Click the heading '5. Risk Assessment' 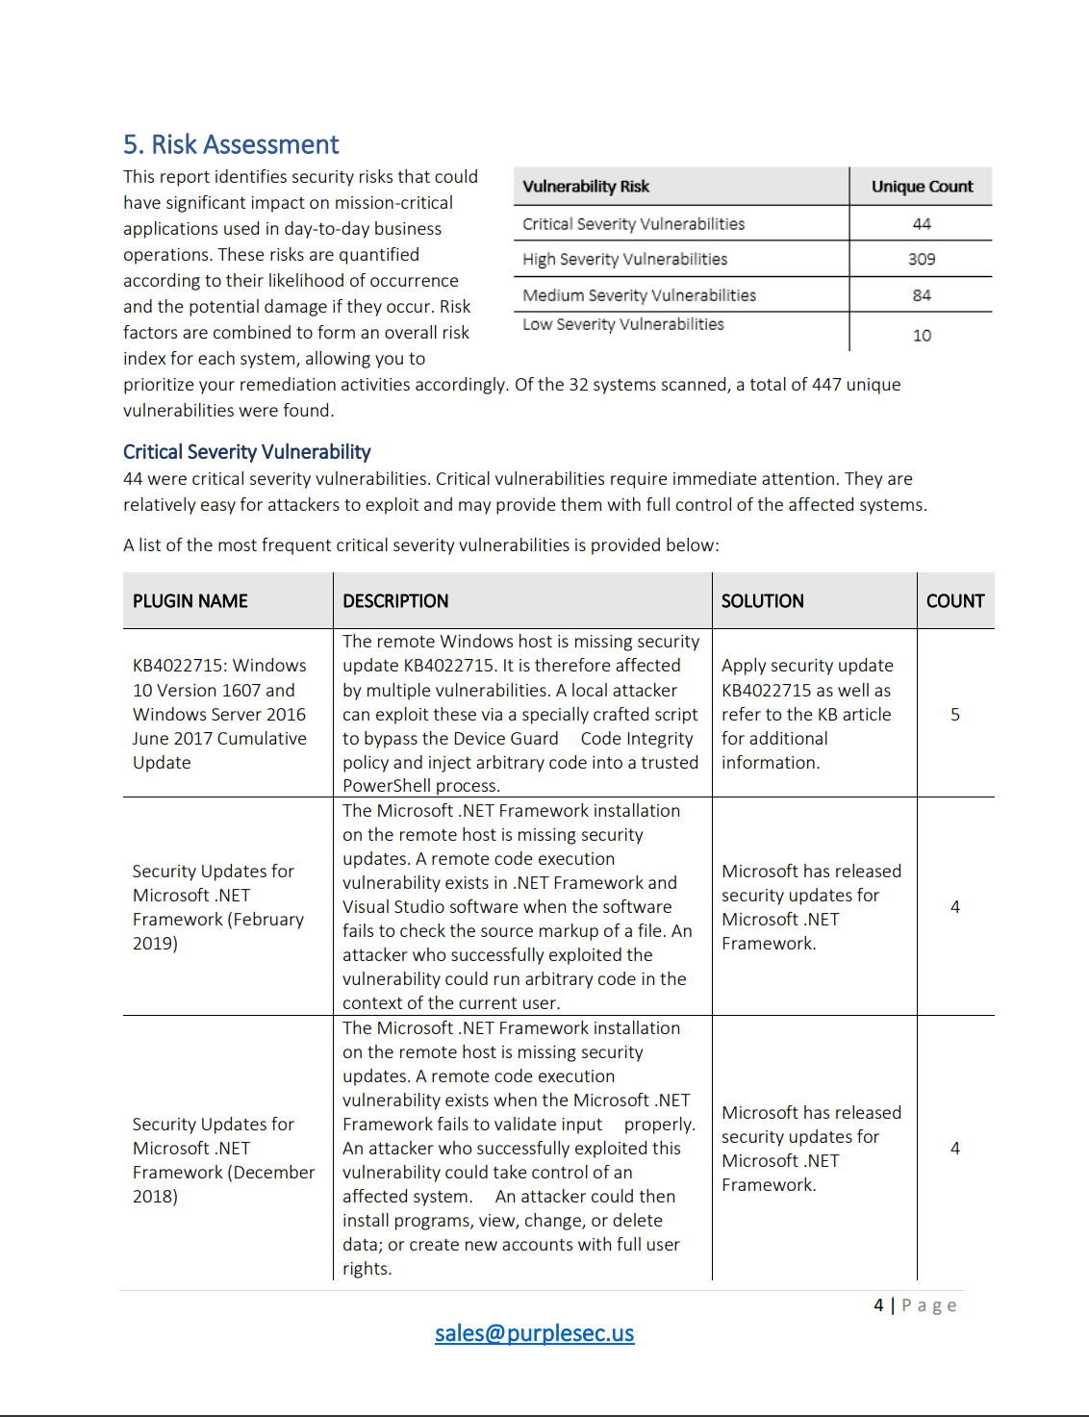click(231, 144)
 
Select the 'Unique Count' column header click(922, 187)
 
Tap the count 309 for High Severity click(922, 260)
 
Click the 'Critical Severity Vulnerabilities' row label click(633, 224)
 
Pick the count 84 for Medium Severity click(922, 295)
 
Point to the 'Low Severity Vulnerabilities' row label click(622, 325)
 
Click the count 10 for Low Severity click(922, 336)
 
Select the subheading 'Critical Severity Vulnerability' click(246, 452)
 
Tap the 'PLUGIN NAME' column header click(190, 601)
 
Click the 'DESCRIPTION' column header click(395, 601)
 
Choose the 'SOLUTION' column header click(762, 601)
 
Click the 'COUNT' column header click(954, 601)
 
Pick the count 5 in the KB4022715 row click(954, 715)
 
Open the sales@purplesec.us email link click(534, 1333)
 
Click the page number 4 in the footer click(878, 1305)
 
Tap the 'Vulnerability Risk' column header click(586, 187)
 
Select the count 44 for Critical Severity click(922, 224)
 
